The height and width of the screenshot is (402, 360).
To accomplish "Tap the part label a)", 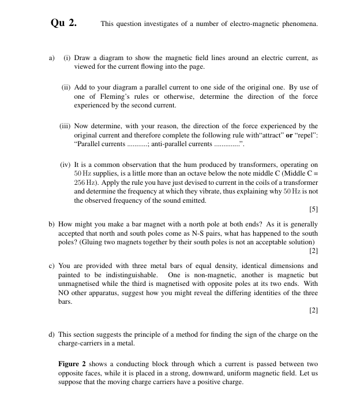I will (51, 58).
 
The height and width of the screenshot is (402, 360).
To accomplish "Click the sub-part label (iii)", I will (67, 126).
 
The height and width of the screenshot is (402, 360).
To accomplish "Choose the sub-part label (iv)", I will (67, 165).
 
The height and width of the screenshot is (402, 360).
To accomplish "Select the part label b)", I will (51, 224).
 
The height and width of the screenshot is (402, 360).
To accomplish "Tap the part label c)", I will (51, 266).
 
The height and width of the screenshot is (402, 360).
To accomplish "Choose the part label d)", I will (51, 334).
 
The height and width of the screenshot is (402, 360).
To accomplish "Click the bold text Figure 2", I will (74, 364).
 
